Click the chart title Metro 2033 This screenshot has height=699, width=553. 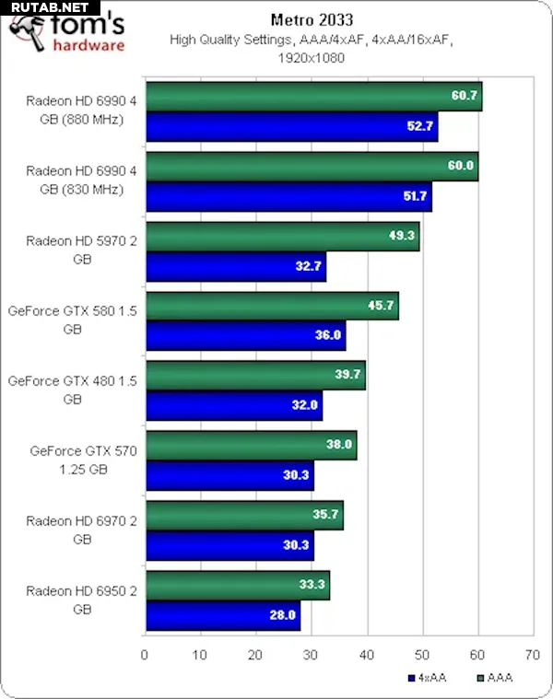click(x=312, y=18)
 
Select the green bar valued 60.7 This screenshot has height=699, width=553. click(x=313, y=96)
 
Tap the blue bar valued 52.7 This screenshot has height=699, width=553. click(x=291, y=127)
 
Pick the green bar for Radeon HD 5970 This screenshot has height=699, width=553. click(x=282, y=236)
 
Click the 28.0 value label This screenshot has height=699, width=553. click(x=282, y=614)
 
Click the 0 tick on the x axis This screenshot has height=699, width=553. click(x=145, y=656)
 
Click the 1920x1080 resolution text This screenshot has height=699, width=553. click(x=312, y=57)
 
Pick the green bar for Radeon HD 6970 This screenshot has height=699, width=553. click(x=244, y=515)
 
